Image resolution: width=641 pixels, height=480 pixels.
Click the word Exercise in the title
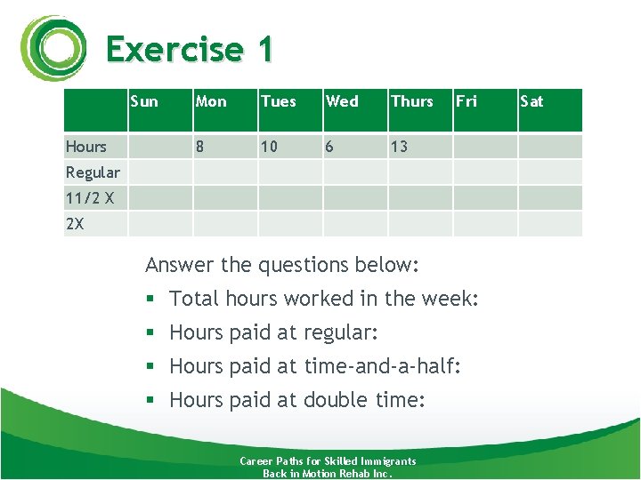pos(174,49)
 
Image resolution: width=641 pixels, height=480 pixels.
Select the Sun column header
pos(144,101)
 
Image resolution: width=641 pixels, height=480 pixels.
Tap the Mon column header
pos(211,101)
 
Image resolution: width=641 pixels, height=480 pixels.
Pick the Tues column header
pos(279,101)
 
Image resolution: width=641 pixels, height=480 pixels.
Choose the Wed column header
pos(343,101)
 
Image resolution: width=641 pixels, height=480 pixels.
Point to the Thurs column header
pos(412,101)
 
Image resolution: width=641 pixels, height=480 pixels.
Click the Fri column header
pos(467,101)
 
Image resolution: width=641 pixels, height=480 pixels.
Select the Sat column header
pos(531,101)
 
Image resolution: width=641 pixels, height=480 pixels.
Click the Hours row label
pos(86,147)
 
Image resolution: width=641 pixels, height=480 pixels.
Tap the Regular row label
pos(93,172)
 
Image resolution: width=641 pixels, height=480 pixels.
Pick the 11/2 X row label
pos(90,198)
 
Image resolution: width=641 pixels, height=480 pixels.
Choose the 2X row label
pos(75,224)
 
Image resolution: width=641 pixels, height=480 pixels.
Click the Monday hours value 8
pos(199,147)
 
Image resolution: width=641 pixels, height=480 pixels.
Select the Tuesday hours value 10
pos(270,147)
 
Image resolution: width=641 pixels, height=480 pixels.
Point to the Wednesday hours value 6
pos(330,147)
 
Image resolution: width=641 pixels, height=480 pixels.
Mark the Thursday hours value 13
pos(399,147)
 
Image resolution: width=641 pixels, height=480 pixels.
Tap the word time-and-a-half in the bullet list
pos(383,366)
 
